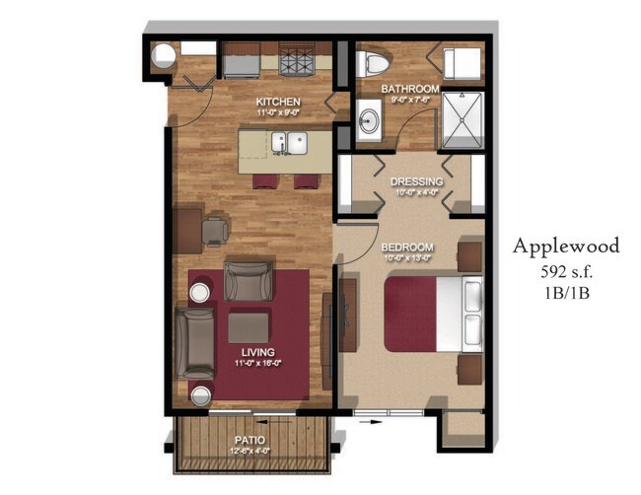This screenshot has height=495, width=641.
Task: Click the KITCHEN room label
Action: click(278, 102)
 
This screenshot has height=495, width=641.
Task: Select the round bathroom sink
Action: click(368, 123)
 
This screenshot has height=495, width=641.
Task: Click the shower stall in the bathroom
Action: click(461, 119)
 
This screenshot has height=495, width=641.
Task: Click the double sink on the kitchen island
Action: click(288, 143)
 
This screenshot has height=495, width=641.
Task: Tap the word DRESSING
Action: click(415, 181)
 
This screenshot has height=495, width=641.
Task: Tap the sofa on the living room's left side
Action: click(194, 341)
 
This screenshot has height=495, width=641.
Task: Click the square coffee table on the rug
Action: click(248, 327)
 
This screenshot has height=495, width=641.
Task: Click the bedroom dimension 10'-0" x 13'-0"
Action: click(406, 258)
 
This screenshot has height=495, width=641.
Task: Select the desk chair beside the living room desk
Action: click(215, 231)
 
